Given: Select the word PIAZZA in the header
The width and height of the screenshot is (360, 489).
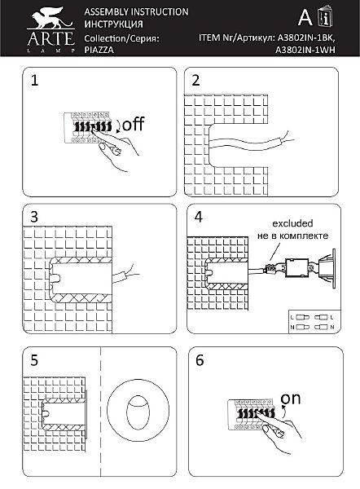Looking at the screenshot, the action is click(99, 50).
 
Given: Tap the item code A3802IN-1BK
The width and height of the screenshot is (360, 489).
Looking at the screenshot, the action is click(306, 37).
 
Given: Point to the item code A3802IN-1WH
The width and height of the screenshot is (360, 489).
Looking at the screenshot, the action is click(305, 50).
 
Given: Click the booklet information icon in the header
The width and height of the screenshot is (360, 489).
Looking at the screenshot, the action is click(325, 16).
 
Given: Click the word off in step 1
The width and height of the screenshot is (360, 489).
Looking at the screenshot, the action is click(134, 124).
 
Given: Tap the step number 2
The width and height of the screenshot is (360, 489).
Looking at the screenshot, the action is click(195, 80).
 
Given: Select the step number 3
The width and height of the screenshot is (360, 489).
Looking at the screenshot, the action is click(34, 217).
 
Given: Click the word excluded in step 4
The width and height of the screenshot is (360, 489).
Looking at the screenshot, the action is click(292, 223).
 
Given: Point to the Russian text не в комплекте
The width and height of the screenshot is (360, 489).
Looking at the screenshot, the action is click(292, 236).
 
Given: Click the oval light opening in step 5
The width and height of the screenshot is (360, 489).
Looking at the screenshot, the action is click(138, 412).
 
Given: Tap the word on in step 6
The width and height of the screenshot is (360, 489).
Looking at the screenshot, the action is click(291, 399).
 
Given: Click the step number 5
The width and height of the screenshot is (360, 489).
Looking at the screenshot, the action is click(34, 360).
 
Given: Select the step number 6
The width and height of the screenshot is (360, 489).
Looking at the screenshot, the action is click(200, 360).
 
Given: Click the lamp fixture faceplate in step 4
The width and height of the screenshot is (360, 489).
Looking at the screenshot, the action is click(333, 269).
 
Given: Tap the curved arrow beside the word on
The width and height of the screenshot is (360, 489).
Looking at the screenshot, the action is click(283, 412).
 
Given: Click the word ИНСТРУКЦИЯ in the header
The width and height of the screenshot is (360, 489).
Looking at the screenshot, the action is click(113, 24).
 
